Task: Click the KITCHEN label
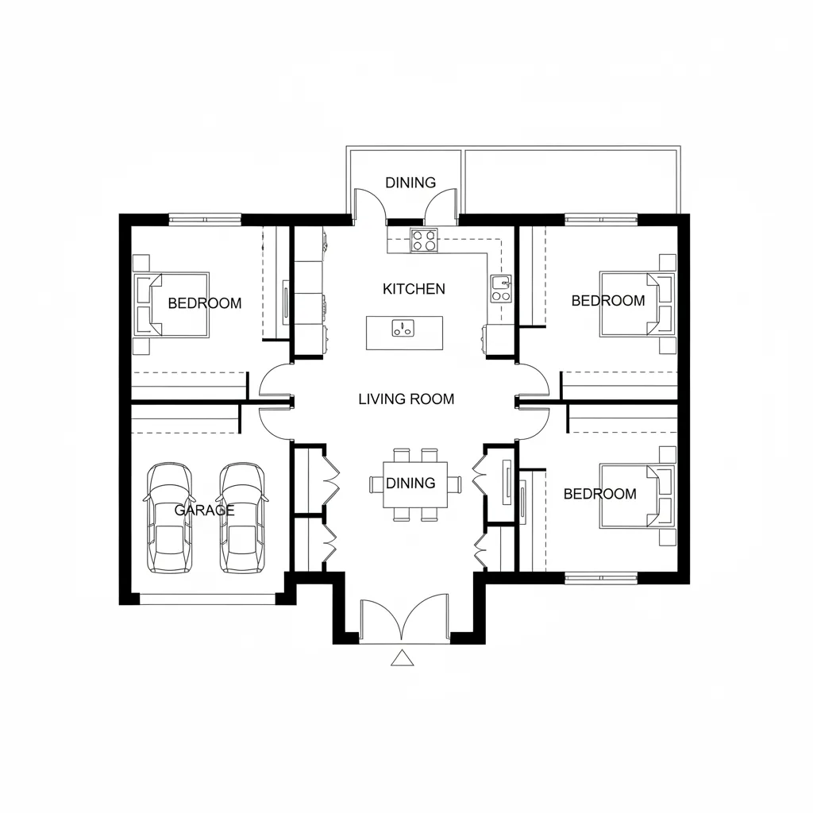pyautogui.click(x=414, y=289)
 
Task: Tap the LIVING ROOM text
pyautogui.click(x=406, y=399)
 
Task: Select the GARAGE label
pyautogui.click(x=204, y=511)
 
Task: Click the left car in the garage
pyautogui.click(x=169, y=518)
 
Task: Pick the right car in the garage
pyautogui.click(x=241, y=518)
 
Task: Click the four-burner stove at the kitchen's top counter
pyautogui.click(x=424, y=240)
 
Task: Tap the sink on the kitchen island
pyautogui.click(x=403, y=329)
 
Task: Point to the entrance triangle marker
pyautogui.click(x=402, y=657)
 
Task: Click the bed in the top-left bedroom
pyautogui.click(x=171, y=305)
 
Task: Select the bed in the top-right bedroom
pyautogui.click(x=638, y=304)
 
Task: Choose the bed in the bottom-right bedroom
pyautogui.click(x=638, y=496)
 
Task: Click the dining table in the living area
pyautogui.click(x=415, y=484)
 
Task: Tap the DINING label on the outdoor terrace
pyautogui.click(x=410, y=183)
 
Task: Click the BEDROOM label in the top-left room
pyautogui.click(x=205, y=303)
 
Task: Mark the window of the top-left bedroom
pyautogui.click(x=206, y=219)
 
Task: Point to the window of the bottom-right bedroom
pyautogui.click(x=601, y=578)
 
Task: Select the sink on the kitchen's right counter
pyautogui.click(x=502, y=288)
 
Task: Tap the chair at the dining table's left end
pyautogui.click(x=376, y=484)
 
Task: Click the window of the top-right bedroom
pyautogui.click(x=601, y=219)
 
